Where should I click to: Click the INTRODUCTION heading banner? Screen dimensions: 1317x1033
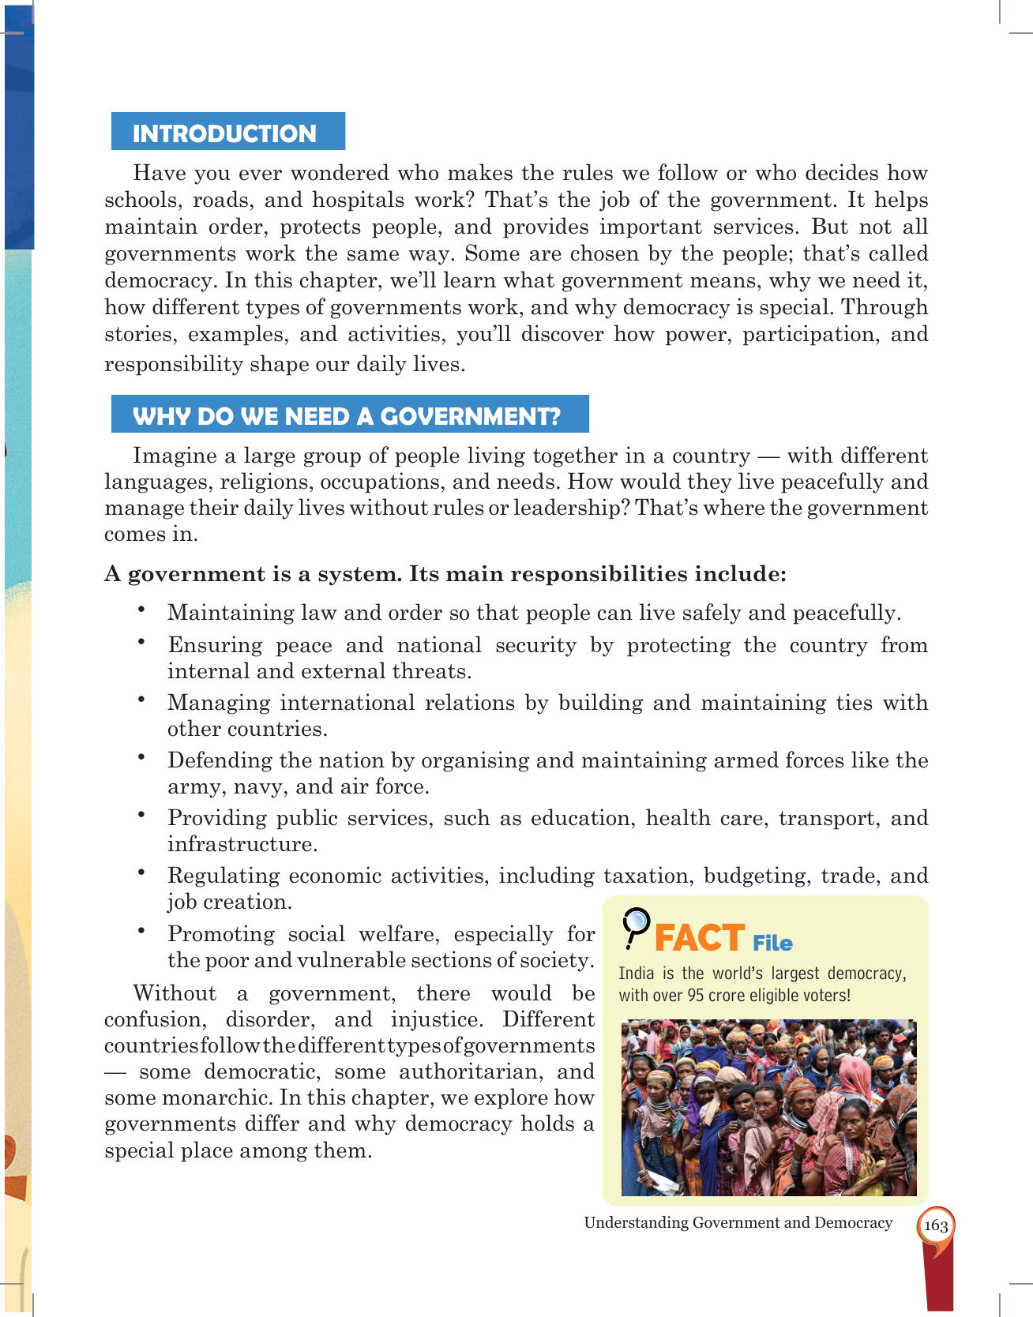(x=227, y=133)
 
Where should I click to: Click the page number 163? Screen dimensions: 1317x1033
(x=936, y=1225)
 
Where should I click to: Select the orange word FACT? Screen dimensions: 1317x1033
(x=699, y=939)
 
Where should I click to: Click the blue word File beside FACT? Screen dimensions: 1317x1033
(x=772, y=944)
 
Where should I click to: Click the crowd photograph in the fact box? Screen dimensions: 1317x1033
(x=768, y=1107)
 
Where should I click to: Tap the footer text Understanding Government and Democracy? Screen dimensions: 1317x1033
(x=738, y=1222)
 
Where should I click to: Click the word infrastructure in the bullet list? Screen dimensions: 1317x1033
(x=242, y=844)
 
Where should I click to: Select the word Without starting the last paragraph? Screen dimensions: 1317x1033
(x=175, y=993)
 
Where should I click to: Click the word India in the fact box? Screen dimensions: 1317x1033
(x=636, y=974)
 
